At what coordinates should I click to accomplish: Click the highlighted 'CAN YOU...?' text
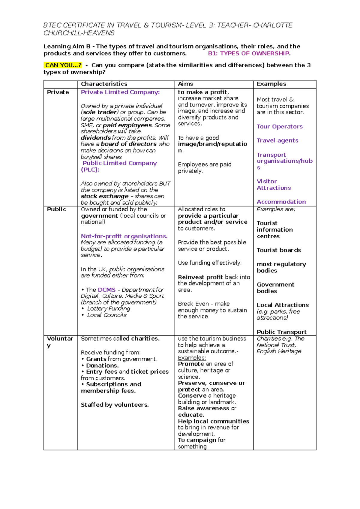coord(63,65)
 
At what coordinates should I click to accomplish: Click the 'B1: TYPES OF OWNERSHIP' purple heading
coord(249,53)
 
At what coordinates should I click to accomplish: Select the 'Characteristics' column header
coord(104,84)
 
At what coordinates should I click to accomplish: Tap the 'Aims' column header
coord(185,84)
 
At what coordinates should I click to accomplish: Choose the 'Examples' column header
coord(271,84)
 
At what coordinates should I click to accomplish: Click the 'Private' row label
coord(58,92)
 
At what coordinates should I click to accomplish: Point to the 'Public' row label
coord(56,209)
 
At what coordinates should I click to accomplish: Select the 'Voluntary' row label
coord(60,339)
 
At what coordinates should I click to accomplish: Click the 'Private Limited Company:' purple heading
coord(120,92)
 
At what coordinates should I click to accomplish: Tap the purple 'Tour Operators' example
coord(279,127)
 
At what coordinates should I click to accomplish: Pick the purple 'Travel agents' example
coord(277,140)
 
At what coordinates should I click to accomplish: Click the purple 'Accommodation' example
coord(281,202)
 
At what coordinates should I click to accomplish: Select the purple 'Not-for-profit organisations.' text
coord(124,236)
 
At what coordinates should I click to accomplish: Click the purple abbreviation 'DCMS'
coord(106,290)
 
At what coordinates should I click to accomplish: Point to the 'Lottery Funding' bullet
coord(109,309)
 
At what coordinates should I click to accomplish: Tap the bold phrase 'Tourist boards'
coord(279,250)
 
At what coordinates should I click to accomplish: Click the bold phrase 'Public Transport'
coord(281,332)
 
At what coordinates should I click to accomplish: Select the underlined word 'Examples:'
coord(192,358)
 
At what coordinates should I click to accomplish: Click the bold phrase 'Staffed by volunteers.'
coord(115,405)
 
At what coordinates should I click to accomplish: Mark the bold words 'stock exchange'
coord(104,196)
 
